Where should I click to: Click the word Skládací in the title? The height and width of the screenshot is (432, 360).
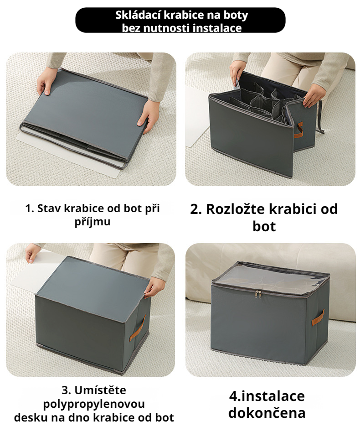[x=136, y=15]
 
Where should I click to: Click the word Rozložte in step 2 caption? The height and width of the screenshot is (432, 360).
[x=243, y=209]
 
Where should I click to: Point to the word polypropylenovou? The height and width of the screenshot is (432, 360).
[x=94, y=404]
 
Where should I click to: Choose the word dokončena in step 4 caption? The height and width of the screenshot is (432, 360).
[x=267, y=413]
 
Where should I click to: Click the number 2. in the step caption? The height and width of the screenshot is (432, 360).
[x=196, y=209]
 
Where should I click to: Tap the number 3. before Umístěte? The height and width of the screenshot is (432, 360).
[x=67, y=391]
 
